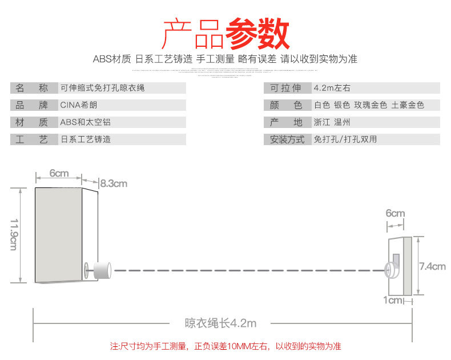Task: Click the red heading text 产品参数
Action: tap(226, 34)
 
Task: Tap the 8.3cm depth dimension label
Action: tap(114, 183)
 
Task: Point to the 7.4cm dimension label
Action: tap(432, 266)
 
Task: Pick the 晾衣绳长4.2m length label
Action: tap(220, 323)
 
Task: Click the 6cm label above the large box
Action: tap(59, 173)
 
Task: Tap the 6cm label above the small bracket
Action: tap(395, 214)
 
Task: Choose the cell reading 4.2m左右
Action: tap(332, 88)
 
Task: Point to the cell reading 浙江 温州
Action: tap(332, 122)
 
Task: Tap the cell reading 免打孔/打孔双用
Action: tap(345, 139)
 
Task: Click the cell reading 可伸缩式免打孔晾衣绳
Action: tap(102, 88)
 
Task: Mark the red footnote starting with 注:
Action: tap(225, 346)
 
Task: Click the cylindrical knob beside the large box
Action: tap(102, 270)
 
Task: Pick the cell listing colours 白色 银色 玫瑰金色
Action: tap(369, 105)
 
